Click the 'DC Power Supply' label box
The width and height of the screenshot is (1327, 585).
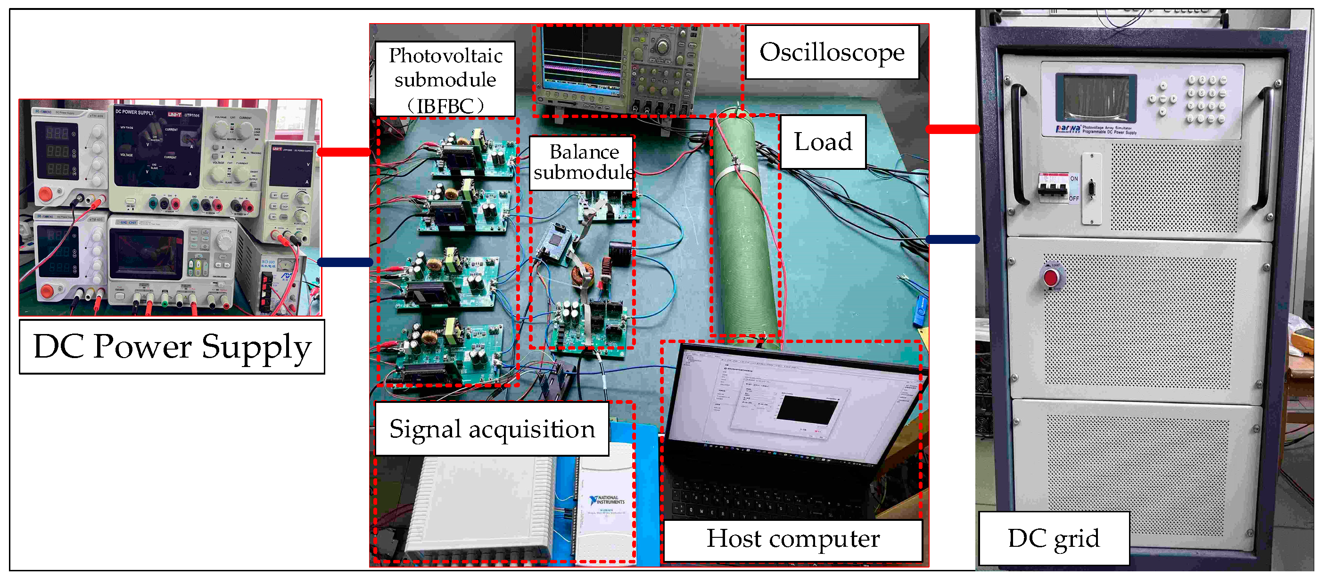[x=172, y=346]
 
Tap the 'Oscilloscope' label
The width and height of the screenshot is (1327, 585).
[x=832, y=52]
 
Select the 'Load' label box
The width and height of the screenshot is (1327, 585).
[x=823, y=142]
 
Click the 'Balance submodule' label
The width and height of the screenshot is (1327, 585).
[x=583, y=162]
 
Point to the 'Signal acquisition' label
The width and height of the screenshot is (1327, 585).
[x=492, y=429]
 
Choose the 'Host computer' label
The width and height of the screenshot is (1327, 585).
[x=792, y=539]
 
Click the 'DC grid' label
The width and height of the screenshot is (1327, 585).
[x=1054, y=538]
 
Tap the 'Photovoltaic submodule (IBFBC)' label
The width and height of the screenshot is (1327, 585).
[x=445, y=79]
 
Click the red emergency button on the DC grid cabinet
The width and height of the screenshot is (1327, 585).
[x=1051, y=277]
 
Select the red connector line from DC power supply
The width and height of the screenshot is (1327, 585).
[x=344, y=152]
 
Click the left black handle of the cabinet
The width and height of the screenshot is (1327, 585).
[x=1018, y=144]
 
